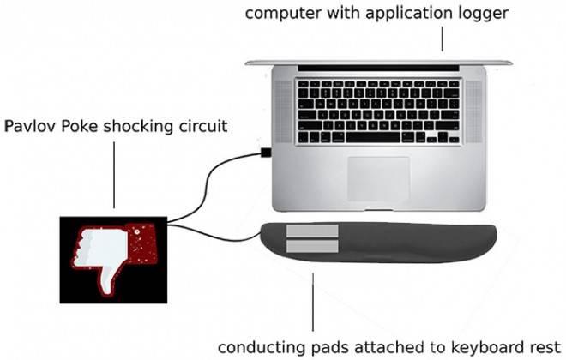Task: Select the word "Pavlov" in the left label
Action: [x=30, y=127]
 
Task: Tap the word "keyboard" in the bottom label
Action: [x=484, y=347]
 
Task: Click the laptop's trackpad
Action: [x=378, y=178]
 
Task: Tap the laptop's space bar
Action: [x=373, y=137]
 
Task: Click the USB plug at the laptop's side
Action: [x=266, y=153]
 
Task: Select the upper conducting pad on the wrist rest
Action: [x=312, y=231]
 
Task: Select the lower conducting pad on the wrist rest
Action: [x=312, y=246]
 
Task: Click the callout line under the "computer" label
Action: [x=443, y=39]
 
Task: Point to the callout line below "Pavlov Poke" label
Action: [x=114, y=175]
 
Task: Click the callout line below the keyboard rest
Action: [x=313, y=302]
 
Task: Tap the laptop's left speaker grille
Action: [x=283, y=111]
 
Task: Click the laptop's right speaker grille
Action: [x=473, y=111]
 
